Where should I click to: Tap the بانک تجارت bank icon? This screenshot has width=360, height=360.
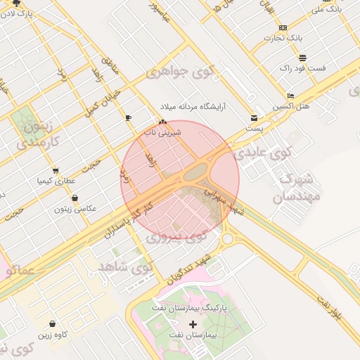(283, 27)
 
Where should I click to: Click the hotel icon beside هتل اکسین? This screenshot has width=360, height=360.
(291, 96)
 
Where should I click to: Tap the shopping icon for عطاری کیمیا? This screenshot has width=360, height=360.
(56, 170)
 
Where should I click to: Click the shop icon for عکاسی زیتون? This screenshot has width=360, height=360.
(75, 198)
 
